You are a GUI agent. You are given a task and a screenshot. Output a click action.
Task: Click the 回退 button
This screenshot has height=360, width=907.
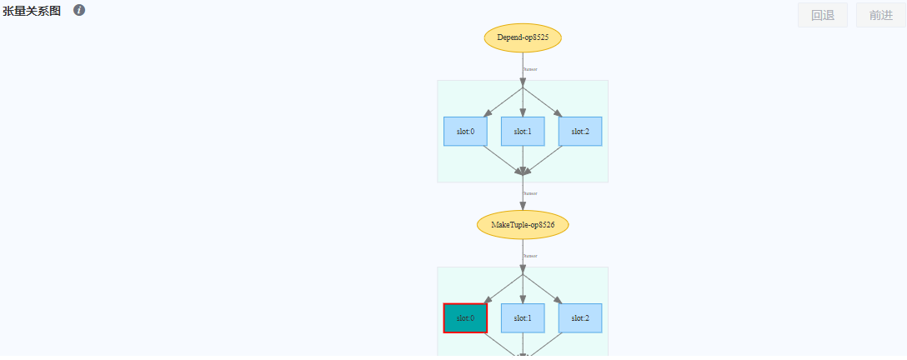tap(822, 15)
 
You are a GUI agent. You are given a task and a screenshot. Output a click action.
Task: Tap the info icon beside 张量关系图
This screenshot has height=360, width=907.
tap(79, 11)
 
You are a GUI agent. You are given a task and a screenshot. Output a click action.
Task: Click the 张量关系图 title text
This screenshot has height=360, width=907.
tap(32, 11)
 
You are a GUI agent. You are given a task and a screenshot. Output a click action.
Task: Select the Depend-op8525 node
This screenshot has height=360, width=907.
tap(523, 38)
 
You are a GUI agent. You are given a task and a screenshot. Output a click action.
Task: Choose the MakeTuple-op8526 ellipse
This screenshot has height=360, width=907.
tap(523, 225)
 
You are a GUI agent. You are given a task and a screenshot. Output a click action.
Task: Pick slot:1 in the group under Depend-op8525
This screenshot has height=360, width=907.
tap(523, 132)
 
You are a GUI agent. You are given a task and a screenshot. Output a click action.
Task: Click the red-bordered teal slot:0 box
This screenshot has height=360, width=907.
tap(465, 318)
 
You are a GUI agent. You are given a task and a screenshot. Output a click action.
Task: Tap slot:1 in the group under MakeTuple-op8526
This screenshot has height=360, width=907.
tap(523, 318)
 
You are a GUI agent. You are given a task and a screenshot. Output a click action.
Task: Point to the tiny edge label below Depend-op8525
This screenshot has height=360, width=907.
tap(530, 69)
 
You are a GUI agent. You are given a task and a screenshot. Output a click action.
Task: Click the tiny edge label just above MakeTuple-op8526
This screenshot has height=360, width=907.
tap(530, 193)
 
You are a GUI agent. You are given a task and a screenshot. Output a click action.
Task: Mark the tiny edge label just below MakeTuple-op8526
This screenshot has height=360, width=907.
tap(530, 256)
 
